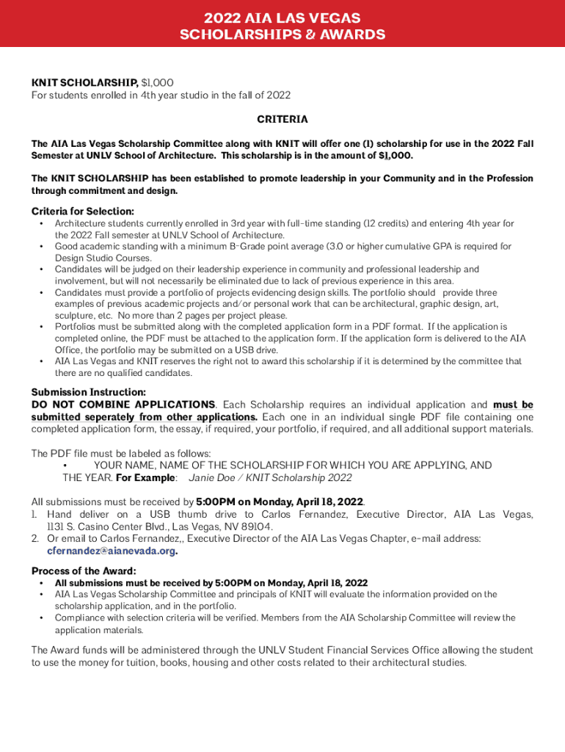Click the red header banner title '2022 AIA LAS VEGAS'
coord(282,18)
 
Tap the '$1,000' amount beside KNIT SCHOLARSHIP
coord(157,83)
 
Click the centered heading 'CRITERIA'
coord(282,119)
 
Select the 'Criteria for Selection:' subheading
coord(83,211)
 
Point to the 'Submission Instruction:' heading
coord(89,392)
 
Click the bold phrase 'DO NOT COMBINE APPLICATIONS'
coord(123,405)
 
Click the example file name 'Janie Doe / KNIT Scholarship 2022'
coord(270,477)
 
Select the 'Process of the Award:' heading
coord(84,571)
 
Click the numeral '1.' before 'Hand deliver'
coord(34,514)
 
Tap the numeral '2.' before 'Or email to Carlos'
coord(35,538)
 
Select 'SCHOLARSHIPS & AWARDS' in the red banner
coord(282,35)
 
